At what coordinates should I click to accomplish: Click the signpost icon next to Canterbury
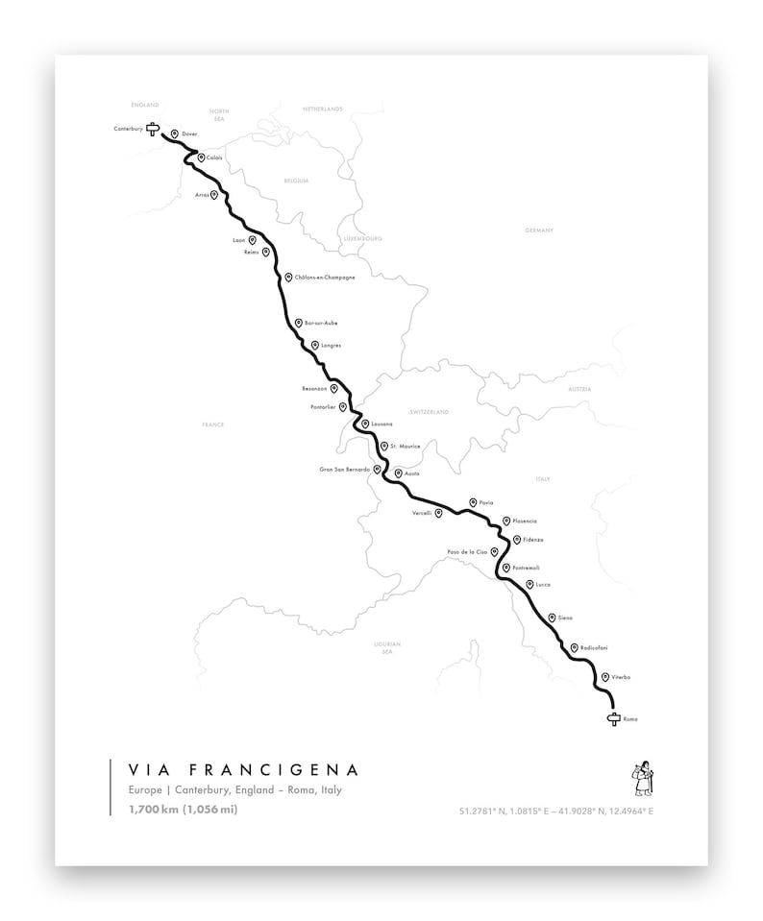[x=152, y=129]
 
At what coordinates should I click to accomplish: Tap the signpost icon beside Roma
[x=614, y=719]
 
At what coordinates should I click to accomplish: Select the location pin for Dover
[x=174, y=134]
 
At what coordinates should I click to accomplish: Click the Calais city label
[x=214, y=158]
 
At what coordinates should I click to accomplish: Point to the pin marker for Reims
[x=265, y=252]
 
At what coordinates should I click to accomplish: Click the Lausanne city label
[x=381, y=424]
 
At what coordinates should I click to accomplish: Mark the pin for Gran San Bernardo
[x=378, y=470]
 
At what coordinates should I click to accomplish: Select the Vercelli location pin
[x=438, y=513]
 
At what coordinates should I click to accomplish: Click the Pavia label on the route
[x=485, y=503]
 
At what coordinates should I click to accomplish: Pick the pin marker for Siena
[x=552, y=618]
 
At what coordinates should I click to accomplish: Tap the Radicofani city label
[x=593, y=648]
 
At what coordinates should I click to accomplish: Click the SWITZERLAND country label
[x=430, y=412]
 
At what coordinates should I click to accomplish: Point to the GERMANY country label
[x=539, y=231]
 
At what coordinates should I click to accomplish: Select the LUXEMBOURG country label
[x=362, y=238]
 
